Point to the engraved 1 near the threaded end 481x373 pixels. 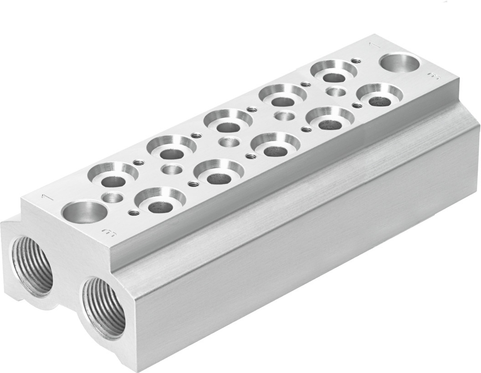(x=45, y=197)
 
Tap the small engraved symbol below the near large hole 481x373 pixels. (x=109, y=234)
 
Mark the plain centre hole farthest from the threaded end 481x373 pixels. (x=336, y=92)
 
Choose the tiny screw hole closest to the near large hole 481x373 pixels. (x=133, y=212)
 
